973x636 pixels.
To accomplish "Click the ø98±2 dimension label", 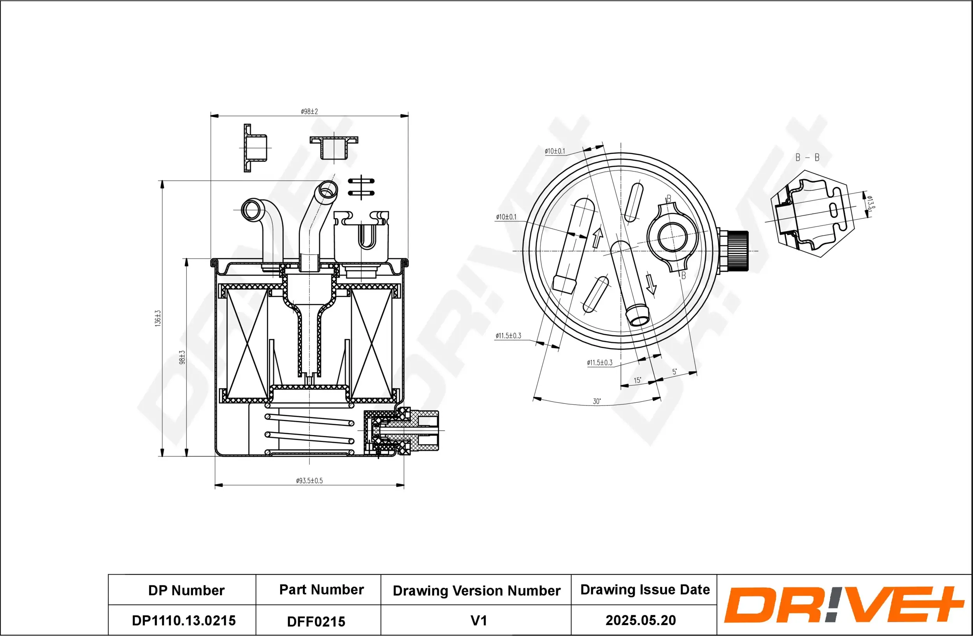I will (309, 111).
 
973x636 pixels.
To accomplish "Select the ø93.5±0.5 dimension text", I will (309, 481).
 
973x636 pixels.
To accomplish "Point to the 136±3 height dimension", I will (158, 318).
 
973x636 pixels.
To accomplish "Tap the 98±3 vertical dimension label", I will (182, 357).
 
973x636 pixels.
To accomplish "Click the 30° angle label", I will (597, 401).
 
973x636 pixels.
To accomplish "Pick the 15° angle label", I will (638, 380).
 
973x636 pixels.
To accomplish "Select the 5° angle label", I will (674, 372).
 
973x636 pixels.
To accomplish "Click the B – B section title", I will (807, 157).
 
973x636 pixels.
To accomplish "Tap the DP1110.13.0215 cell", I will (184, 620).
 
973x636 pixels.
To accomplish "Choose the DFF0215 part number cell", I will (316, 622).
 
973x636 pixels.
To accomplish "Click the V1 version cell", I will (479, 620).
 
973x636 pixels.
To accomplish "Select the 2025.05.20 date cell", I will (641, 620).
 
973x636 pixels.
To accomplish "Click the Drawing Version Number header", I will (476, 590).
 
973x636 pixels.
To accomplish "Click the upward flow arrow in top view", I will (598, 238).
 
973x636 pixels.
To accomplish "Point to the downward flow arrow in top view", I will (651, 285).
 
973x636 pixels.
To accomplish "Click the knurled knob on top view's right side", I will (738, 251).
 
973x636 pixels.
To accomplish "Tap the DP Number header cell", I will (186, 590).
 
